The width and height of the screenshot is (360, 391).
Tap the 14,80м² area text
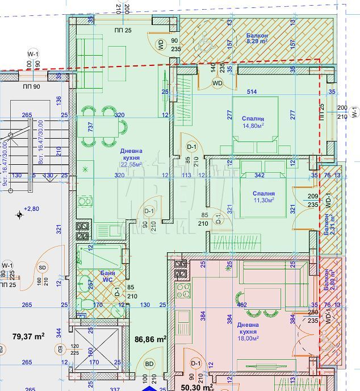click(253, 126)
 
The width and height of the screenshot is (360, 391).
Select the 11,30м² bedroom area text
click(263, 200)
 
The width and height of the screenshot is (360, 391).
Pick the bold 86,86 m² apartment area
click(150, 339)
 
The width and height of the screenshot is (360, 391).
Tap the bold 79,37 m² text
click(28, 336)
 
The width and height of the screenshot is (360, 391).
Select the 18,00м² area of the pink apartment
click(248, 338)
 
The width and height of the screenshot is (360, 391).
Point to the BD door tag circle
click(150, 364)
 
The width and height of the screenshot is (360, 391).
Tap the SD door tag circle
click(42, 267)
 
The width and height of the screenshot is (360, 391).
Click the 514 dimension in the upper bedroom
click(252, 92)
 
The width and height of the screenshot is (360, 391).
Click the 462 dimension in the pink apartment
click(241, 305)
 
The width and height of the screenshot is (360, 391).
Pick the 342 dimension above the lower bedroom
click(259, 176)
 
